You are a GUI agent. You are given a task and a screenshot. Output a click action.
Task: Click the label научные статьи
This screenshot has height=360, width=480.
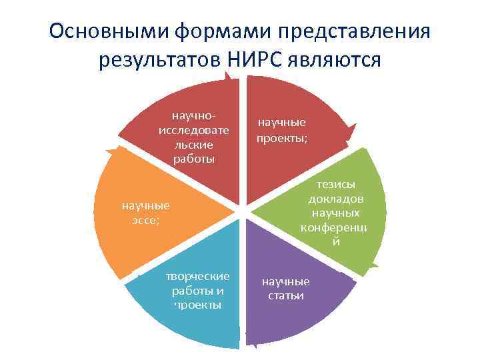(x=285, y=288)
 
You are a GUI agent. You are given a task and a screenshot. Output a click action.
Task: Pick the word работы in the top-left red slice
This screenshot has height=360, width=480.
(x=194, y=158)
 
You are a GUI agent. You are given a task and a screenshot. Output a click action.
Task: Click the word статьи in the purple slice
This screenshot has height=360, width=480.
(x=285, y=295)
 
